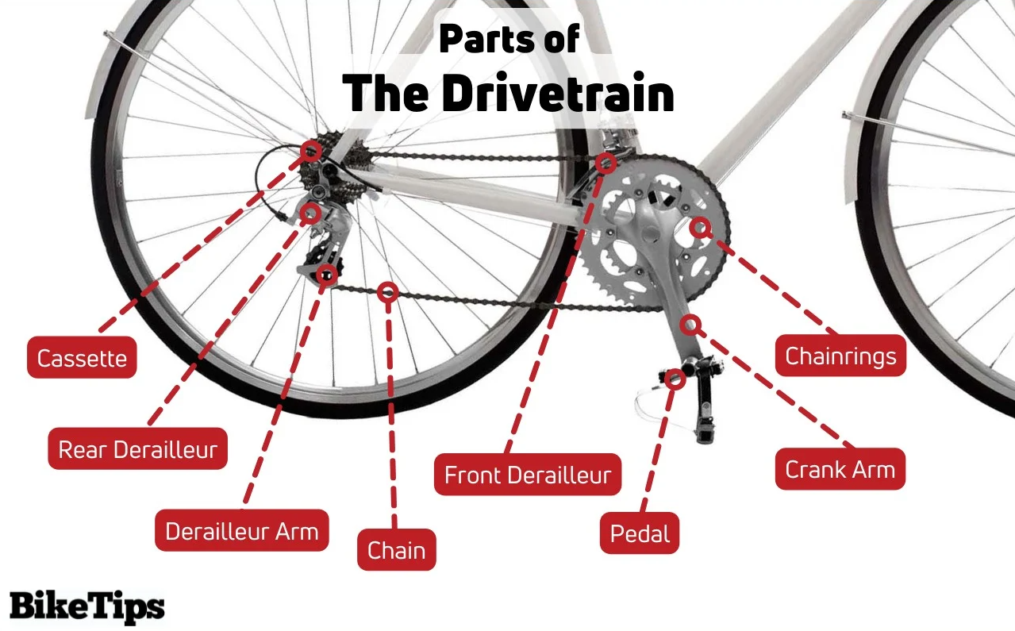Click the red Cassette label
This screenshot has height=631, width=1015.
click(x=82, y=358)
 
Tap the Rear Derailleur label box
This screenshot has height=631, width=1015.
click(x=138, y=450)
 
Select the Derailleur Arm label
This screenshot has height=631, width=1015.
click(x=242, y=531)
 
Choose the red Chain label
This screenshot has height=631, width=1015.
click(x=397, y=550)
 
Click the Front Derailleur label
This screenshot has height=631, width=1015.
click(x=528, y=475)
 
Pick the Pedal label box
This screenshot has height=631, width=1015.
click(x=640, y=533)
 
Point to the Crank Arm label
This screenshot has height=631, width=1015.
click(x=840, y=469)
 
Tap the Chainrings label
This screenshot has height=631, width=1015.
click(x=840, y=356)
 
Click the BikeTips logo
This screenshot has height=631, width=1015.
click(x=87, y=606)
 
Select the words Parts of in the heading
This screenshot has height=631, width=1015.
click(x=509, y=40)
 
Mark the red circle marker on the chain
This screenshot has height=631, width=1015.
click(x=388, y=292)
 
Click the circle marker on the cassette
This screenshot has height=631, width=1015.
click(x=312, y=150)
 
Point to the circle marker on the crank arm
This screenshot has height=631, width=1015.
click(x=690, y=324)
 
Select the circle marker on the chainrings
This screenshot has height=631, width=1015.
click(x=699, y=228)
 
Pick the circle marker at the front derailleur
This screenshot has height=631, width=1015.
click(x=606, y=164)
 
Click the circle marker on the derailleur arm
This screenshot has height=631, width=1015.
click(x=326, y=275)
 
